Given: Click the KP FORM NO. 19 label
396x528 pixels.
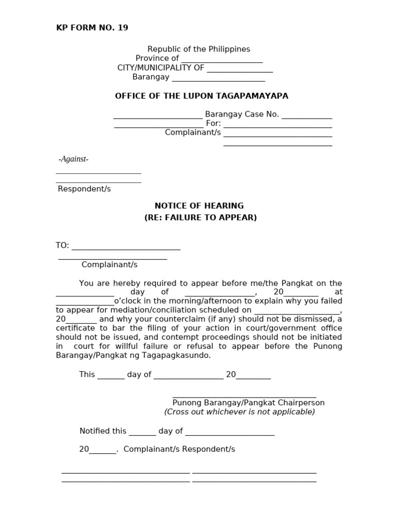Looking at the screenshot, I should [x=92, y=28].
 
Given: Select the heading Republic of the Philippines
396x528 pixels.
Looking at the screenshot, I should [x=199, y=49].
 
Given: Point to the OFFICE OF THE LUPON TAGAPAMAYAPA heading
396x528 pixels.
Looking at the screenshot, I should [x=202, y=96].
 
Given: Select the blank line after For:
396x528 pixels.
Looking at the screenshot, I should [x=277, y=124].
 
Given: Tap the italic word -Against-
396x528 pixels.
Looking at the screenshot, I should [x=73, y=159].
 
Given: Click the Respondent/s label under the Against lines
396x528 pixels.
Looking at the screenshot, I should [x=84, y=189].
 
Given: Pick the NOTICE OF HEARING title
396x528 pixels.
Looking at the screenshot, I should [x=200, y=206].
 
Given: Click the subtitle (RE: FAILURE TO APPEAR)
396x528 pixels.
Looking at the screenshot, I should [x=200, y=218].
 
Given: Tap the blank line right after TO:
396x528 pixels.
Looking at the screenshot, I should [x=126, y=246].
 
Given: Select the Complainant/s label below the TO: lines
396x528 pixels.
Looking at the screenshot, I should [x=109, y=265].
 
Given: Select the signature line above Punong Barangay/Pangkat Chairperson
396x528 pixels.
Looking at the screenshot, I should [x=244, y=396].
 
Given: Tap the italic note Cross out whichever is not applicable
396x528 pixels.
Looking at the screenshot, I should [x=239, y=412].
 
